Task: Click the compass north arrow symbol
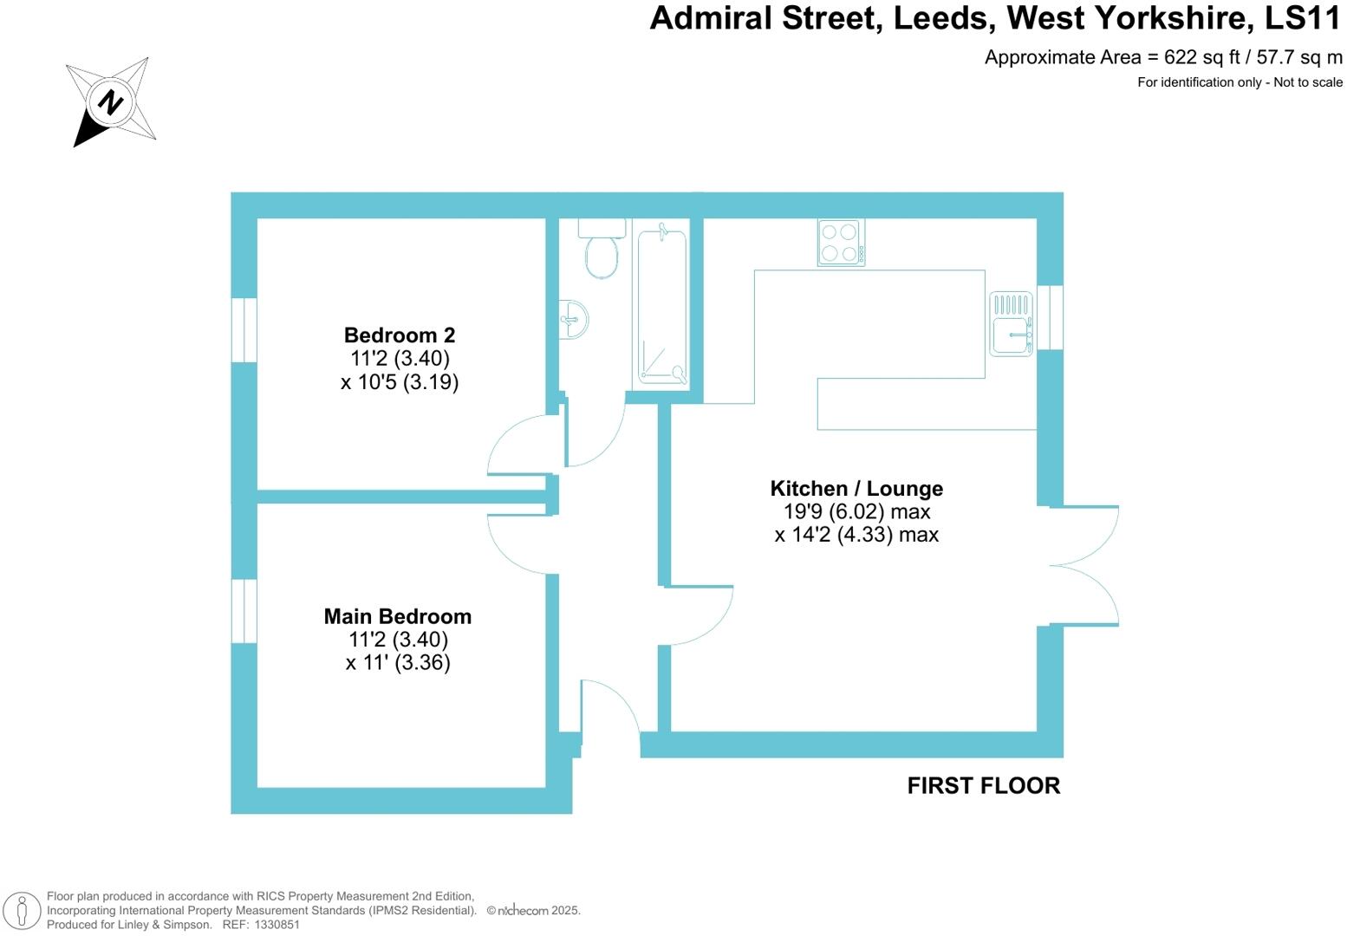[111, 101]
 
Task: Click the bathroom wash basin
[574, 319]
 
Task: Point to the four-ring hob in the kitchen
[841, 242]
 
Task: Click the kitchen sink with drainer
[1011, 324]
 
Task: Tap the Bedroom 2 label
[399, 335]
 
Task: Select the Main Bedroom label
[398, 616]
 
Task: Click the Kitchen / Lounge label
[856, 489]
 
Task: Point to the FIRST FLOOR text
[983, 785]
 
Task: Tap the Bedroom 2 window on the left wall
[244, 329]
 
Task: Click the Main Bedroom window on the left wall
[244, 611]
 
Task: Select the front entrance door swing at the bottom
[610, 708]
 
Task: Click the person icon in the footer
[23, 911]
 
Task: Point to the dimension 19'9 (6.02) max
[856, 511]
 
